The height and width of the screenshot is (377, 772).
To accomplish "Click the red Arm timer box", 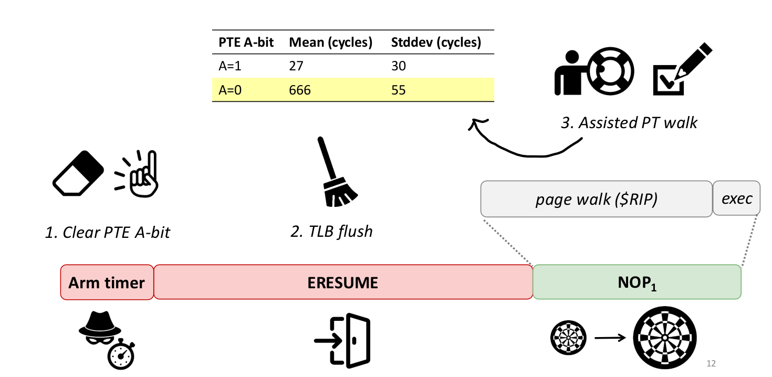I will tap(107, 282).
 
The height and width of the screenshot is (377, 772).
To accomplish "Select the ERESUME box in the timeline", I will tap(343, 282).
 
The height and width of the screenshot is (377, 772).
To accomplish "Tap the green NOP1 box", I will tap(637, 282).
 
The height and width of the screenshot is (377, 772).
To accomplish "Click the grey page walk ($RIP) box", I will tap(596, 199).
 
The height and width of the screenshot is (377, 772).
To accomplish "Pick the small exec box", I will tap(736, 199).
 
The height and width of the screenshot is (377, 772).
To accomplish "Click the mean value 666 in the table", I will tap(300, 90).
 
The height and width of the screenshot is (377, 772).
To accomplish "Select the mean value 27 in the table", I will tap(296, 66).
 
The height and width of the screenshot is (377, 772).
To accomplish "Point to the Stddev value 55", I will tap(398, 90).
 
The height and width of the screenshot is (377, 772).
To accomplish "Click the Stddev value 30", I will tap(398, 66).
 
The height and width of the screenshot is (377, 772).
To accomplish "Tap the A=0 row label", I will tap(230, 90).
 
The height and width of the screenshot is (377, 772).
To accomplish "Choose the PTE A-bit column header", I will tap(246, 43).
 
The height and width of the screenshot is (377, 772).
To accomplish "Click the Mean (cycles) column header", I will tap(330, 43).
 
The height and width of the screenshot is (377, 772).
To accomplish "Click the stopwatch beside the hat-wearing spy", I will tap(121, 355).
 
